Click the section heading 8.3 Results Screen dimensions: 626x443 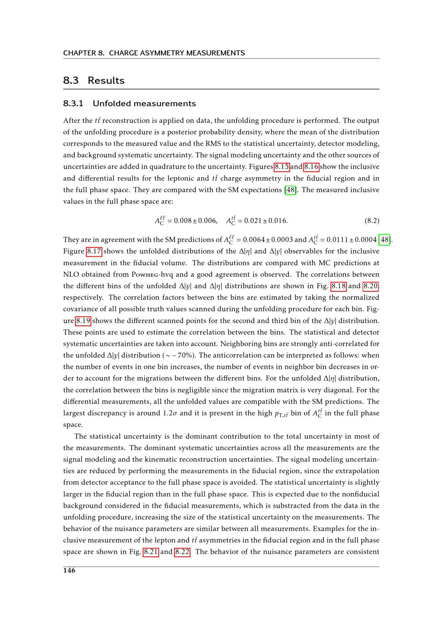[x=93, y=81]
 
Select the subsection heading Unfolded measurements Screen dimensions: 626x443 [x=129, y=104]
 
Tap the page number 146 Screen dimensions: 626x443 [x=69, y=571]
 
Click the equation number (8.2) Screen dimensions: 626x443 [x=372, y=220]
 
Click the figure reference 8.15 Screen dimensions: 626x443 [x=282, y=167]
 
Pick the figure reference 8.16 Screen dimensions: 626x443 [x=311, y=167]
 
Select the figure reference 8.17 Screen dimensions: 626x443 [x=94, y=251]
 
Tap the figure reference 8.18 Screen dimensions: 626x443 [x=338, y=286]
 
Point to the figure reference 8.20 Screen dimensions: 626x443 [x=371, y=286]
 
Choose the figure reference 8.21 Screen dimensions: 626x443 [x=151, y=552]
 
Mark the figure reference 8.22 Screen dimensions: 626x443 [x=182, y=552]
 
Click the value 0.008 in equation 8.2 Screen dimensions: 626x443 [x=183, y=220]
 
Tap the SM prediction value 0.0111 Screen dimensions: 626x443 [x=337, y=240]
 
